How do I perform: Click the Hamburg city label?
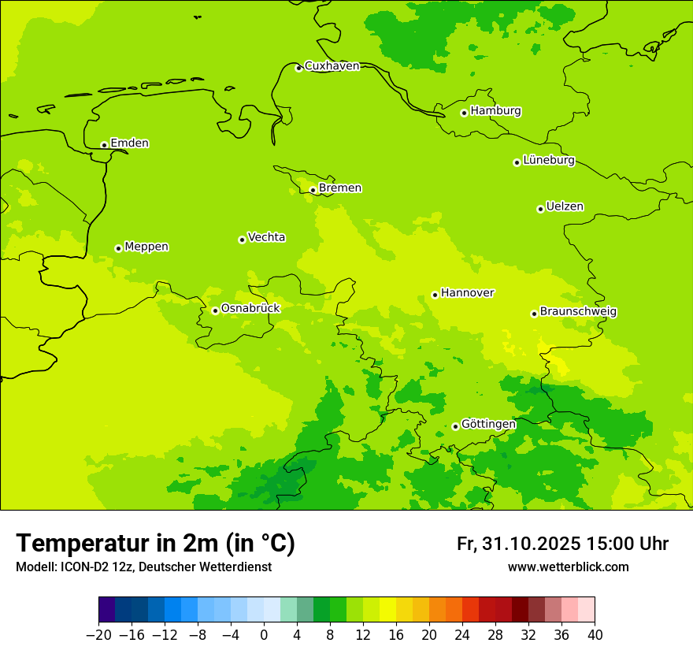tap(495, 111)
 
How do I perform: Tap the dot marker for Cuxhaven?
tap(298, 68)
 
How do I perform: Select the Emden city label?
tap(129, 143)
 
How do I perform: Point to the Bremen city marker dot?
tap(313, 190)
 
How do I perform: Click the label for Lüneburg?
tap(548, 161)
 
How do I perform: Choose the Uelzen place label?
tap(565, 207)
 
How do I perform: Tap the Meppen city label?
tap(146, 247)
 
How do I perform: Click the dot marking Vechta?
tap(242, 240)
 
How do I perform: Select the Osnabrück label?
tap(250, 309)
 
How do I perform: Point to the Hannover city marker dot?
tap(435, 295)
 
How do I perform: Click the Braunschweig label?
tap(578, 312)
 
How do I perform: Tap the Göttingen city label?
tap(488, 425)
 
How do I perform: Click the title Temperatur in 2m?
tap(155, 544)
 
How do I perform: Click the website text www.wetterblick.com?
tap(569, 567)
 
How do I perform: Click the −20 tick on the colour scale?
tap(98, 634)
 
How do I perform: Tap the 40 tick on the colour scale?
tap(595, 634)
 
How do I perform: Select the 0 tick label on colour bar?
tap(264, 634)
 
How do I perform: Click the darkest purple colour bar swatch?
tap(106, 610)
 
